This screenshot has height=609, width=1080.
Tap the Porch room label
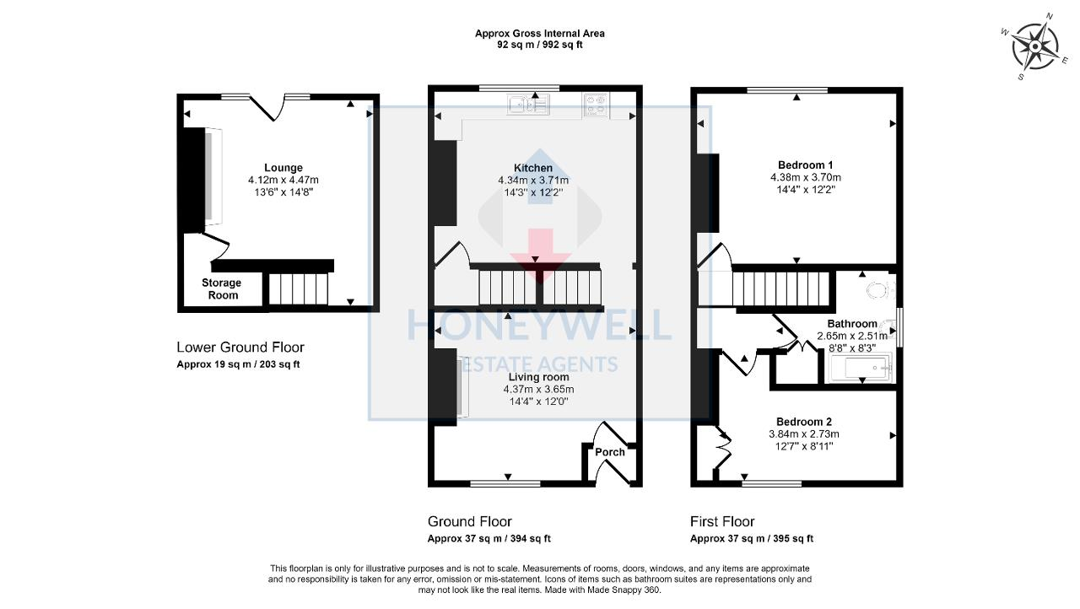(610, 452)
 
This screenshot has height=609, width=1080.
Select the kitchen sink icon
(528, 105)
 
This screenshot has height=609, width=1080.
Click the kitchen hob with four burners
(596, 105)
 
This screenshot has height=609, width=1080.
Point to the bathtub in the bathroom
(859, 369)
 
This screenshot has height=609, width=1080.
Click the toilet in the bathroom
(878, 291)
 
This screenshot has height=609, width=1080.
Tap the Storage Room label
(221, 289)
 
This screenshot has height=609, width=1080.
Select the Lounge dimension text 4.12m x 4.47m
(283, 180)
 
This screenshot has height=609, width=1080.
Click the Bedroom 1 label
(805, 164)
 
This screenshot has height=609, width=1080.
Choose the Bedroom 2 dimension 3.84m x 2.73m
(803, 434)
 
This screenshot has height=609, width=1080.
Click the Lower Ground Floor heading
(240, 348)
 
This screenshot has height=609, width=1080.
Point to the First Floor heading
(722, 521)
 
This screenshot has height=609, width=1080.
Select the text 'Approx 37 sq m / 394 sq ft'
(489, 539)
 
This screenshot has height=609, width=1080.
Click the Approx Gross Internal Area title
(539, 34)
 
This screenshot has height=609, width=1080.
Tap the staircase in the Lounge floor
(298, 289)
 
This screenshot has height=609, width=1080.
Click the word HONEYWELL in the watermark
(539, 326)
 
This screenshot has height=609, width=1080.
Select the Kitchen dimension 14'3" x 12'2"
(532, 192)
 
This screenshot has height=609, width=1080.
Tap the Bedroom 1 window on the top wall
(786, 89)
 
